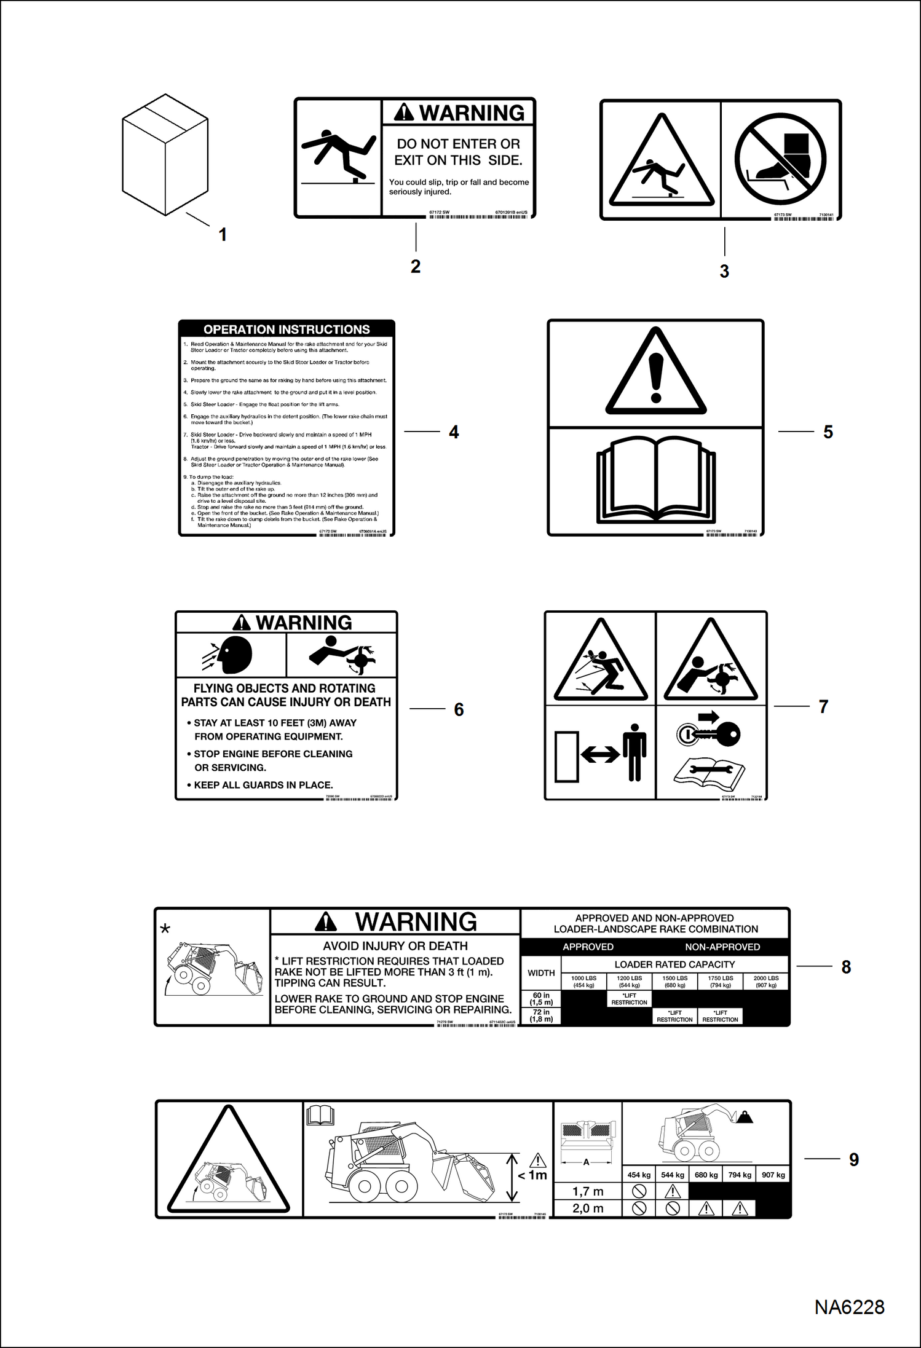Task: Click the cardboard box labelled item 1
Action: click(165, 154)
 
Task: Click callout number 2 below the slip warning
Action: click(416, 267)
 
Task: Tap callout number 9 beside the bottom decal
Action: click(854, 1160)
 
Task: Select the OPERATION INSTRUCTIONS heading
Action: click(287, 329)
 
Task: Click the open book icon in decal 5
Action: click(655, 479)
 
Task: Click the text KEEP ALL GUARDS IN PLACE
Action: click(263, 785)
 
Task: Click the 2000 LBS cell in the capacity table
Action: click(766, 982)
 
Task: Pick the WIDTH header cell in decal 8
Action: click(541, 973)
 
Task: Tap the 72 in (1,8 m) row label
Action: click(541, 1015)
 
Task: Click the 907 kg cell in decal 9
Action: click(773, 1175)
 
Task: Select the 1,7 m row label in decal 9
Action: click(588, 1191)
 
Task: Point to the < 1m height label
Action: click(532, 1175)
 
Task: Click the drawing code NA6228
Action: click(849, 1307)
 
